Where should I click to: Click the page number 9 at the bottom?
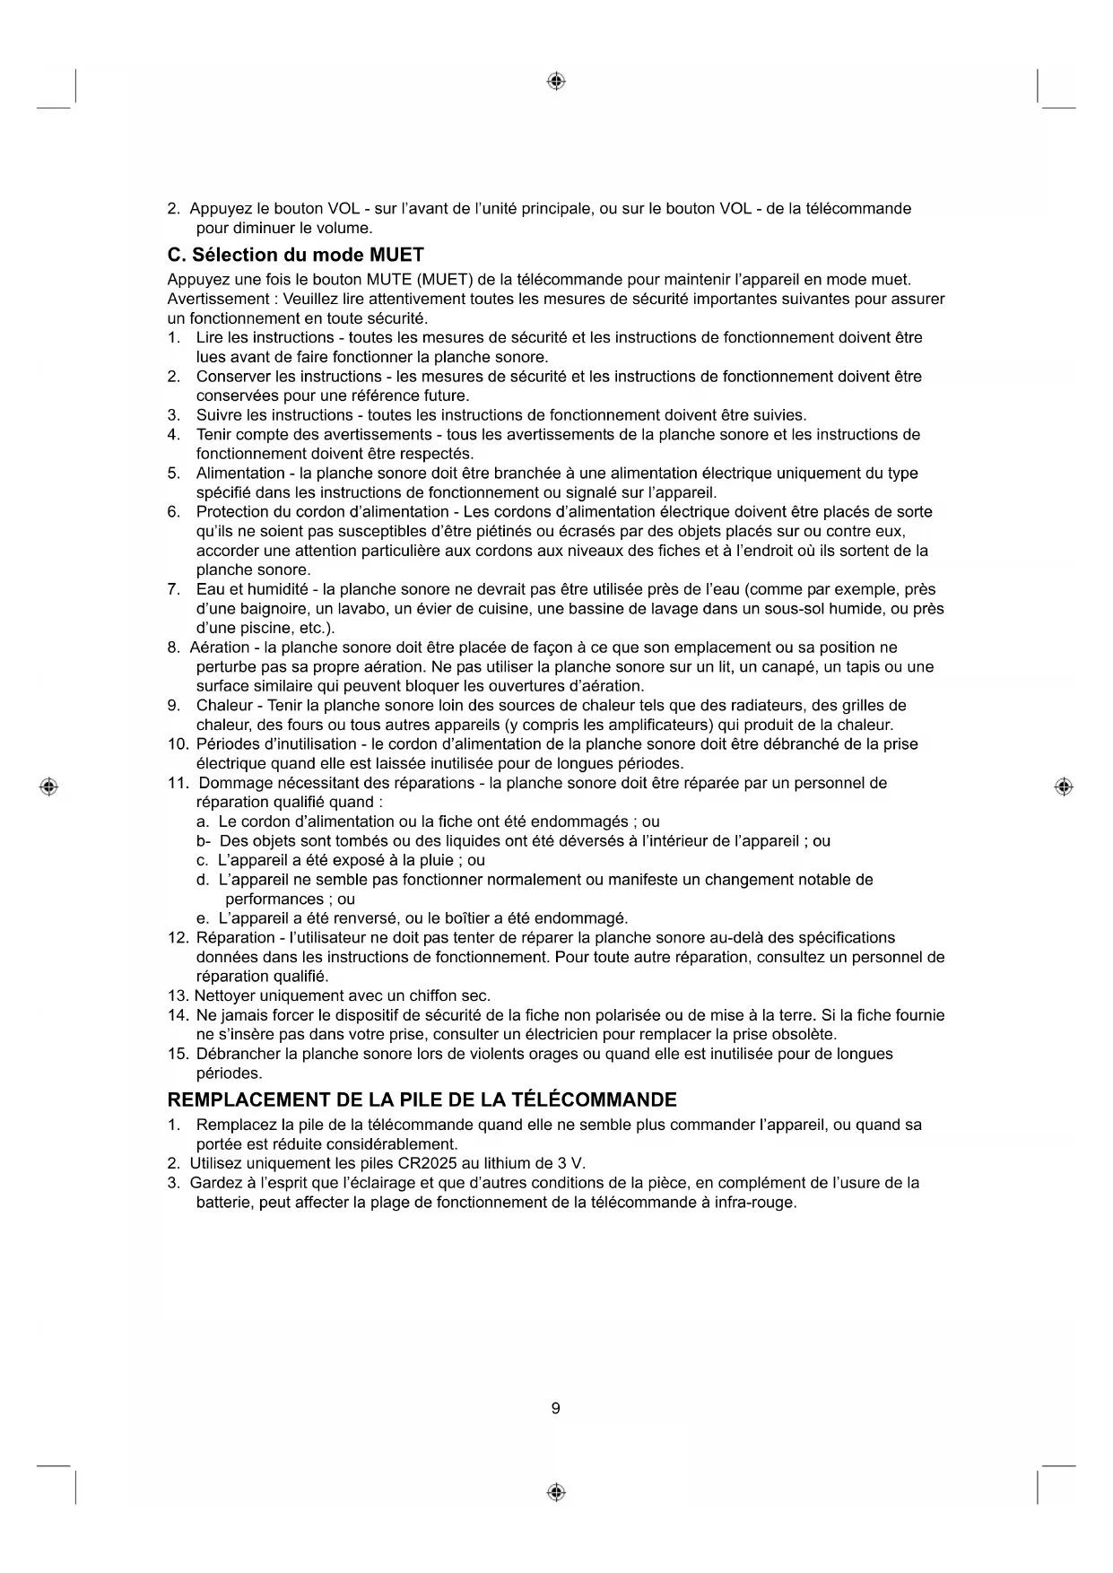[x=555, y=1408]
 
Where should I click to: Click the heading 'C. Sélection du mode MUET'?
[x=295, y=255]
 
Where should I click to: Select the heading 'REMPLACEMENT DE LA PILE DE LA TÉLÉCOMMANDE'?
[x=422, y=1099]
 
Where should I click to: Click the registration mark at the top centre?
[x=556, y=82]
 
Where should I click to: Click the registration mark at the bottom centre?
[x=556, y=1492]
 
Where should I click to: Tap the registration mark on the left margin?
[x=49, y=786]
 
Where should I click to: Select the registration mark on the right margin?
[x=1064, y=786]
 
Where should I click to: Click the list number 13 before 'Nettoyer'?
[x=178, y=995]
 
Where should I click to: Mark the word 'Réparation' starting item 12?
[x=234, y=937]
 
